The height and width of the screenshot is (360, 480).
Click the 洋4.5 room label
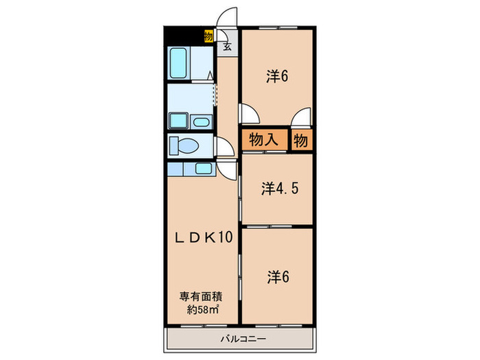[277, 189]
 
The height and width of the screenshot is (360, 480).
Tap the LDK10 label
[201, 237]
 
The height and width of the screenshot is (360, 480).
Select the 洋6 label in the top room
[276, 77]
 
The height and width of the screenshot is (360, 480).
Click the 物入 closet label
[263, 140]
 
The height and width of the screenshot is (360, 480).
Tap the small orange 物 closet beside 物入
[301, 140]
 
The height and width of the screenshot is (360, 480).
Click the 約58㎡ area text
[202, 309]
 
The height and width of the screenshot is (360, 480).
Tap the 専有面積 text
[202, 297]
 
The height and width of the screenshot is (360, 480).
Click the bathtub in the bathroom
[180, 64]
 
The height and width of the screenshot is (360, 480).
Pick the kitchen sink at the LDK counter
[204, 168]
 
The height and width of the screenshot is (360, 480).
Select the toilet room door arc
[224, 147]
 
